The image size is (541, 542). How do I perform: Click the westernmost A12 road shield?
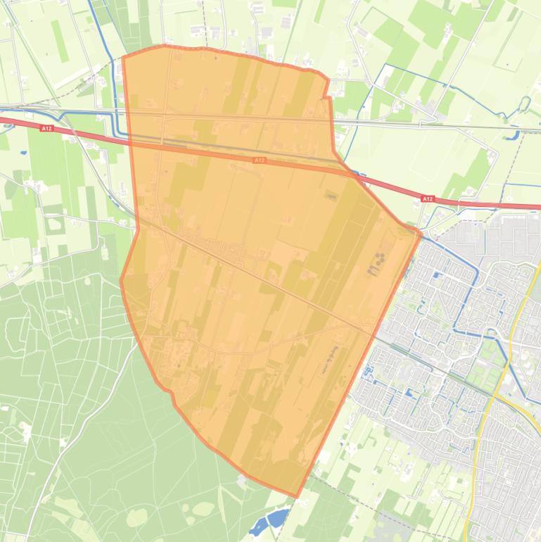click(x=46, y=129)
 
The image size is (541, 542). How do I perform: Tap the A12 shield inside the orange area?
click(x=260, y=160)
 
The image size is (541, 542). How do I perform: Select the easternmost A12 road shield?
click(x=428, y=199)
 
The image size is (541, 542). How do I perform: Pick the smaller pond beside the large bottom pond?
click(x=257, y=527)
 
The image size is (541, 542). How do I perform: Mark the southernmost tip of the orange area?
click(x=296, y=496)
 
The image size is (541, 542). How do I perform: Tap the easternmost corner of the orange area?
click(x=421, y=233)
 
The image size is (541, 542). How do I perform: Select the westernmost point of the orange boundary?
click(x=121, y=280)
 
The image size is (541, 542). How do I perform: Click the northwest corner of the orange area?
click(x=123, y=57)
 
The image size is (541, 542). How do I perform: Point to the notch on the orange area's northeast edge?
click(x=326, y=96)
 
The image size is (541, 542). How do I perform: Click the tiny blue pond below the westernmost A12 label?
click(x=23, y=152)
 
